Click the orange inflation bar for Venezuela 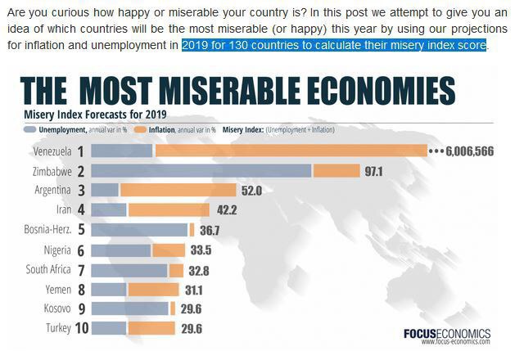coord(291,151)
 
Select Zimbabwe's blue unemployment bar coord(201,171)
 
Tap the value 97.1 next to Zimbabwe coord(374,171)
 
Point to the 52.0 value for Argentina coord(251,191)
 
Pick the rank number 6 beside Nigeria coord(82,250)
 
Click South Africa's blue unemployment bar coord(129,269)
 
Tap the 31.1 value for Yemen coord(195,289)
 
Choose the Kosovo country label coord(58,308)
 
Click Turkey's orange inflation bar coord(151,328)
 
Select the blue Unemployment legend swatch coord(31,129)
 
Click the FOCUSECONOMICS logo coord(446,334)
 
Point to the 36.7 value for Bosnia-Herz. coord(210,230)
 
